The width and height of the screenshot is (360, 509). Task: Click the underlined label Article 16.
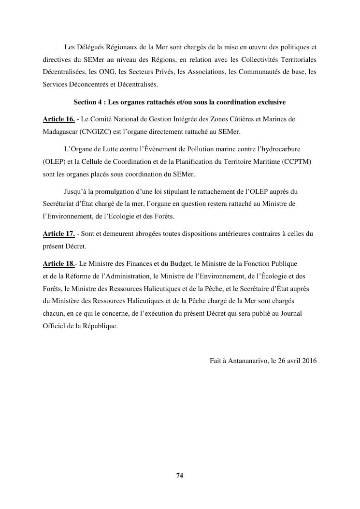[x=58, y=119]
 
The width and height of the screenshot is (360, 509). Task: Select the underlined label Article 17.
[x=58, y=234]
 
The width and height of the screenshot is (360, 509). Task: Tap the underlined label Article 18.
[x=58, y=264]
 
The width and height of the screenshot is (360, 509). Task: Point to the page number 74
[x=180, y=476]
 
